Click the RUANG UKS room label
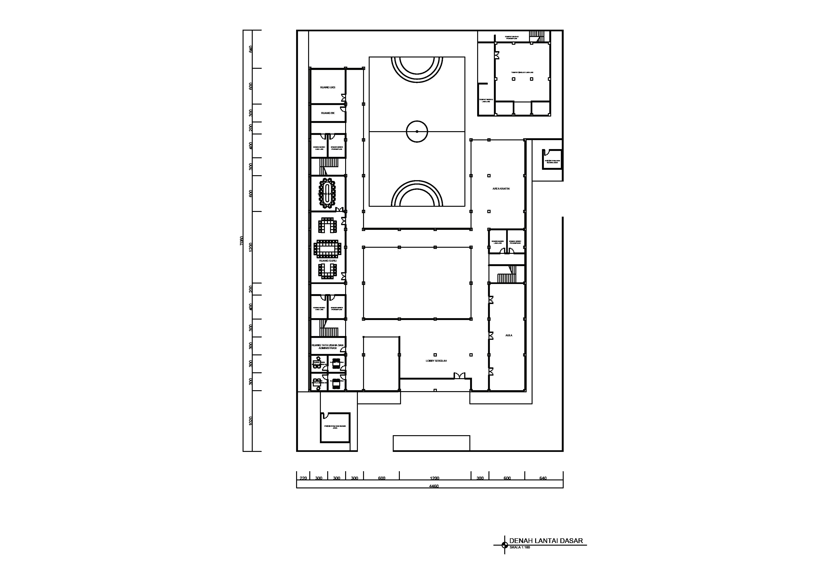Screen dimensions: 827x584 tap(327, 87)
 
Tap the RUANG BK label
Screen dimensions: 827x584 tap(327, 113)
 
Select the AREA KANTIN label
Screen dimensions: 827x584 tap(501, 189)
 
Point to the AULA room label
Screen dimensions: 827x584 tap(509, 335)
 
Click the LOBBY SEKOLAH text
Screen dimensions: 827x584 tap(436, 361)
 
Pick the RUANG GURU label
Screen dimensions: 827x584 tap(327, 260)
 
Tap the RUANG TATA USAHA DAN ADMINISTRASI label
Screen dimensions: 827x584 tap(327, 346)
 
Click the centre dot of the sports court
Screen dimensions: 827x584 tap(417, 132)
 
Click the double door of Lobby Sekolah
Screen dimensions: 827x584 tap(459, 376)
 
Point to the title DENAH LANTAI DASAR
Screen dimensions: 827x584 tap(546, 551)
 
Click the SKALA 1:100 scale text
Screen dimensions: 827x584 tap(519, 558)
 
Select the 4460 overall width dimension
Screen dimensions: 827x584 tap(434, 486)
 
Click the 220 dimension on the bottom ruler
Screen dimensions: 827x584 tap(303, 478)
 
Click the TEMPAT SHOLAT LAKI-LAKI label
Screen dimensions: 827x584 tap(522, 72)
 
